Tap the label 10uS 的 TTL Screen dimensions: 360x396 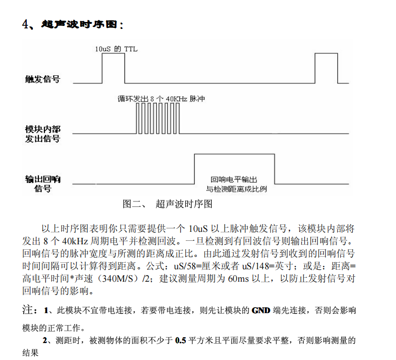pyautogui.click(x=116, y=49)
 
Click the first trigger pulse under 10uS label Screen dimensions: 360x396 pyautogui.click(x=113, y=68)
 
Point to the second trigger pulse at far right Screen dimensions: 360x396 pyautogui.click(x=326, y=68)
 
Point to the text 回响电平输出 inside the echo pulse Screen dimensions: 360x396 pyautogui.click(x=234, y=180)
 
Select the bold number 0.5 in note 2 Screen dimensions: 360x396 pyautogui.click(x=180, y=342)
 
